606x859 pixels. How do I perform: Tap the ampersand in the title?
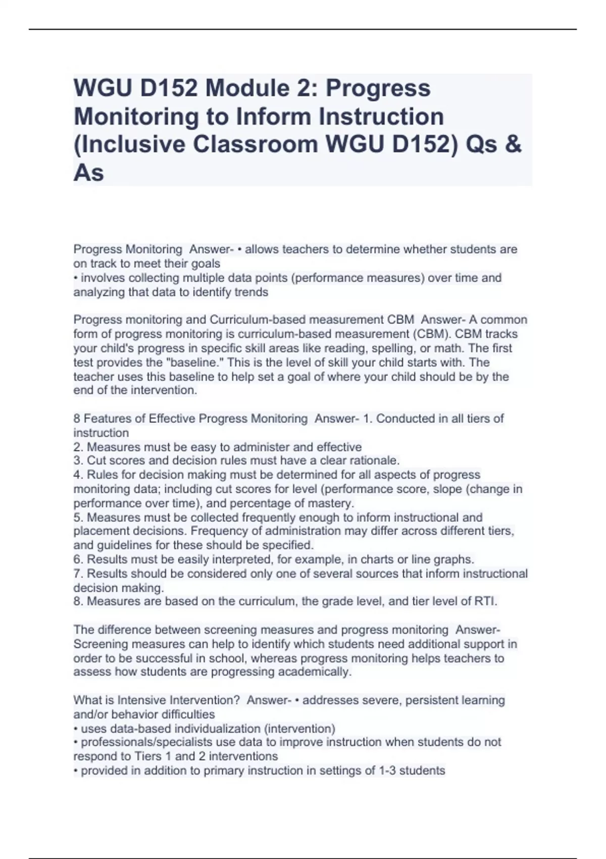point(513,145)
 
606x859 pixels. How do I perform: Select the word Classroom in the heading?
point(255,145)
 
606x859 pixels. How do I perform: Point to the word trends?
point(252,292)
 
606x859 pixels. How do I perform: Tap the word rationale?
point(374,460)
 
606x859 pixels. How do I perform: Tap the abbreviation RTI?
point(486,601)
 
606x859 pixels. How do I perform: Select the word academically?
point(318,672)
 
